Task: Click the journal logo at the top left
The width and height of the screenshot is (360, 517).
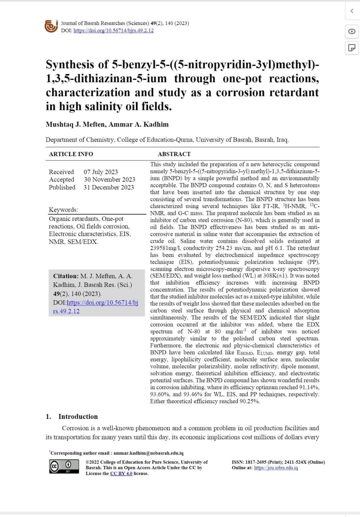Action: [51, 26]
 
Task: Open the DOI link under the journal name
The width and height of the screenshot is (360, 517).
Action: [113, 31]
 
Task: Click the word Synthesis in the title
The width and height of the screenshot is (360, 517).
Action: [69, 64]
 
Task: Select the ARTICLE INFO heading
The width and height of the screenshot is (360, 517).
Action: [71, 154]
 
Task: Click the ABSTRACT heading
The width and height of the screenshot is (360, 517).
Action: [174, 154]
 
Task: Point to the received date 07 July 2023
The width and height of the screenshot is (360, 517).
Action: [101, 172]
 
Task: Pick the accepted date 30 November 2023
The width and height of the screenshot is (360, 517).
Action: [109, 179]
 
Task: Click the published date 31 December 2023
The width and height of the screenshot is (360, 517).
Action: [109, 187]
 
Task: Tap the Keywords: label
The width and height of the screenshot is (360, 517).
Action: [63, 210]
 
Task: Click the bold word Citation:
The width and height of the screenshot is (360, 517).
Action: [66, 276]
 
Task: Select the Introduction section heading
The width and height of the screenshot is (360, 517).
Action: [78, 417]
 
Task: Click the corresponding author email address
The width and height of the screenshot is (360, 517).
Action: [148, 453]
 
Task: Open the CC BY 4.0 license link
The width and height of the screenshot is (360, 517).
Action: [121, 474]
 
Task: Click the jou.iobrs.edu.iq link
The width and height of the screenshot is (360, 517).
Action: [276, 468]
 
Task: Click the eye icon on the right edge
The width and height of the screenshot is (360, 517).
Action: [352, 31]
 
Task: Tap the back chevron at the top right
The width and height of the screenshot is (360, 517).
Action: [352, 11]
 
